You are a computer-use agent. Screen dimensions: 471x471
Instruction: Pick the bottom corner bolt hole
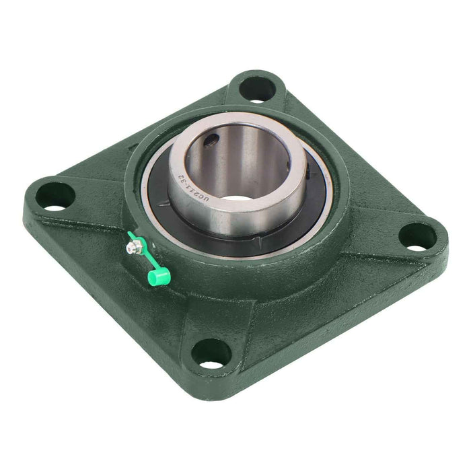pos(211,353)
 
